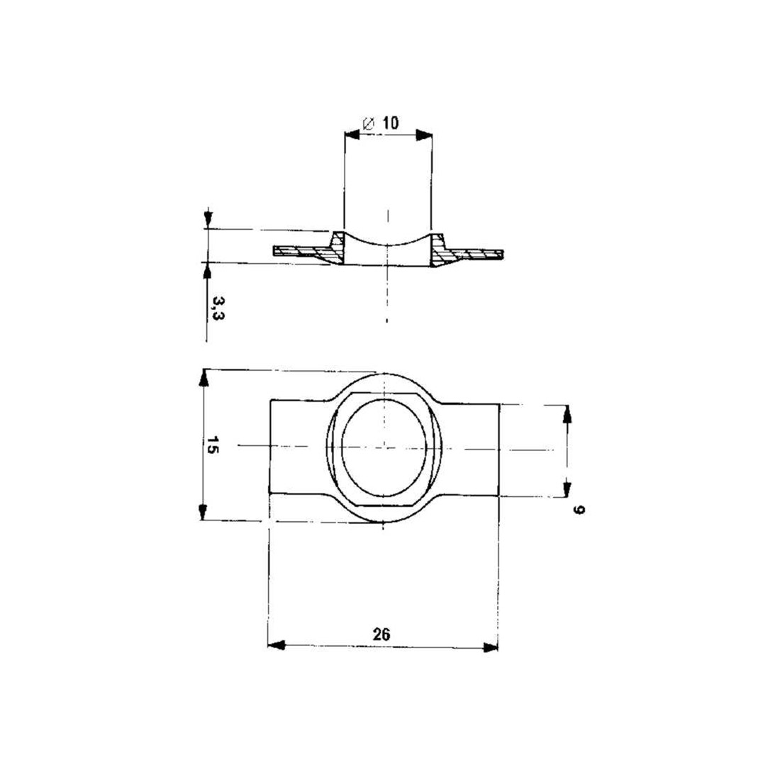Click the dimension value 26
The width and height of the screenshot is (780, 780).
click(x=381, y=634)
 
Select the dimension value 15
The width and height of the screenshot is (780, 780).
click(x=211, y=445)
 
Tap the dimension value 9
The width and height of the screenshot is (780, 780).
click(x=577, y=509)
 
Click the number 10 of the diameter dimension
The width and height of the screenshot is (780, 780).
click(x=389, y=123)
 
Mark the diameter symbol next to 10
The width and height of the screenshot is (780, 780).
click(x=369, y=123)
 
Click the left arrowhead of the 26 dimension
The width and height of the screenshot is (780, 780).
click(x=276, y=646)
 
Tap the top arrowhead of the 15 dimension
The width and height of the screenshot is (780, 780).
click(x=204, y=378)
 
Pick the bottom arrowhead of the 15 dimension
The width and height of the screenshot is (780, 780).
click(x=204, y=512)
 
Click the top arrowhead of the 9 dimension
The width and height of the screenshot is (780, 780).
click(x=567, y=413)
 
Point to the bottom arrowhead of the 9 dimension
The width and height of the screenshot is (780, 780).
click(x=567, y=487)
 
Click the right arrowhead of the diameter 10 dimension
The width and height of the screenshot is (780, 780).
click(x=424, y=133)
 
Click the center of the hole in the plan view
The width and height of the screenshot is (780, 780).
click(x=384, y=447)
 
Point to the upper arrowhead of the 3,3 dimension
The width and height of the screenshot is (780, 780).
click(x=207, y=219)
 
